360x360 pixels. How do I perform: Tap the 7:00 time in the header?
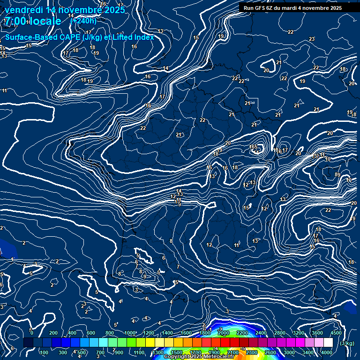[x=15, y=21]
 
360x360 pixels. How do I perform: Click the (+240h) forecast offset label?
[x=83, y=21]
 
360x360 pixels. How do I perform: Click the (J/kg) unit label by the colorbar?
[x=347, y=344]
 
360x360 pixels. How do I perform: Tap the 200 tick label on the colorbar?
[x=53, y=333]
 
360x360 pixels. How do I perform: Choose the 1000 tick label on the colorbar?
[x=129, y=333]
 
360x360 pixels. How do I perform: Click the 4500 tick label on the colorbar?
[x=336, y=333]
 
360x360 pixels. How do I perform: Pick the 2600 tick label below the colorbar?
[x=270, y=352]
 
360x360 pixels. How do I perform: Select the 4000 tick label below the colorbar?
[x=327, y=352]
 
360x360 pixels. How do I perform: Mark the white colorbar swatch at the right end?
[x=328, y=343]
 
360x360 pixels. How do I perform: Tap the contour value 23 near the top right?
[x=312, y=39]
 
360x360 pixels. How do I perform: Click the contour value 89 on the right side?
[x=337, y=175]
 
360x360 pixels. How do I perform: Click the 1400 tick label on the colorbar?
[x=167, y=333]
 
